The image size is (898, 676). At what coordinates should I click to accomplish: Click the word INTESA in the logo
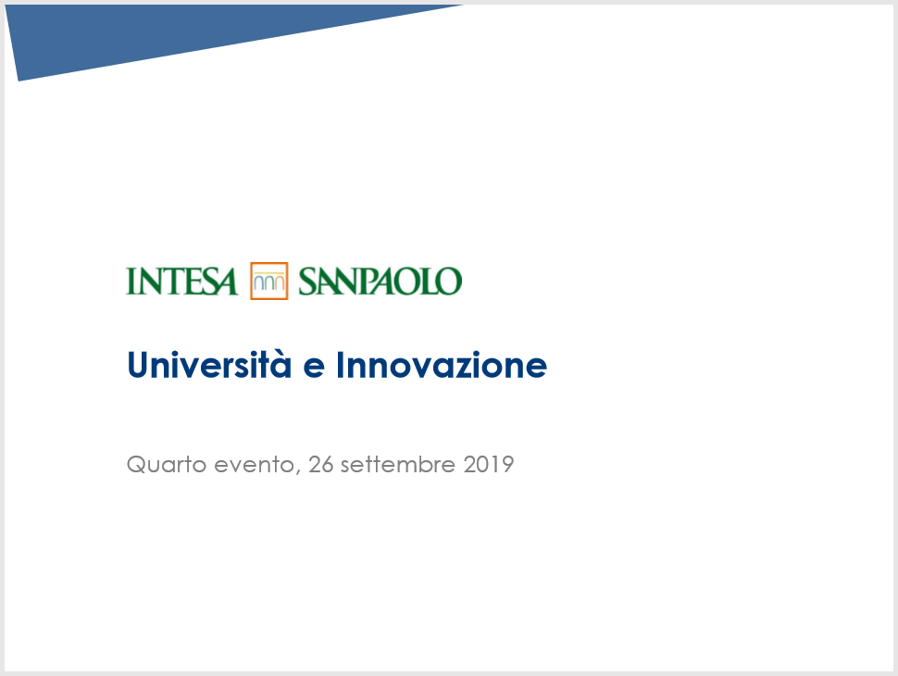[x=181, y=282]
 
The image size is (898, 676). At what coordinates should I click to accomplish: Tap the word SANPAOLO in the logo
[x=380, y=282]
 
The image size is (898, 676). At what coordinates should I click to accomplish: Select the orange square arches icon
[x=269, y=281]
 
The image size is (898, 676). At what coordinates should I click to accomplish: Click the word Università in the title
[x=209, y=365]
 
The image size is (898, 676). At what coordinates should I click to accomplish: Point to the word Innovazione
[x=442, y=365]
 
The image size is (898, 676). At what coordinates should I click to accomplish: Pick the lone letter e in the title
[x=314, y=368]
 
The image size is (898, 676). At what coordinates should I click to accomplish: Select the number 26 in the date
[x=320, y=464]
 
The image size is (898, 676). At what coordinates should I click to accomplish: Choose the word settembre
[x=398, y=464]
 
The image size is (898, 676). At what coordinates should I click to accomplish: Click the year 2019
[x=489, y=464]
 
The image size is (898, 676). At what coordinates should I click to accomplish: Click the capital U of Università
[x=139, y=365]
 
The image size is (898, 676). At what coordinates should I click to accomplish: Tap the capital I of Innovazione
[x=340, y=365]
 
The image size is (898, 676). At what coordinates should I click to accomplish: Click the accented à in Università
[x=281, y=365]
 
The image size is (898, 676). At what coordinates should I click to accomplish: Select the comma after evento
[x=298, y=472]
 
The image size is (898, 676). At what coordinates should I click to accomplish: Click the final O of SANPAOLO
[x=451, y=282]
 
